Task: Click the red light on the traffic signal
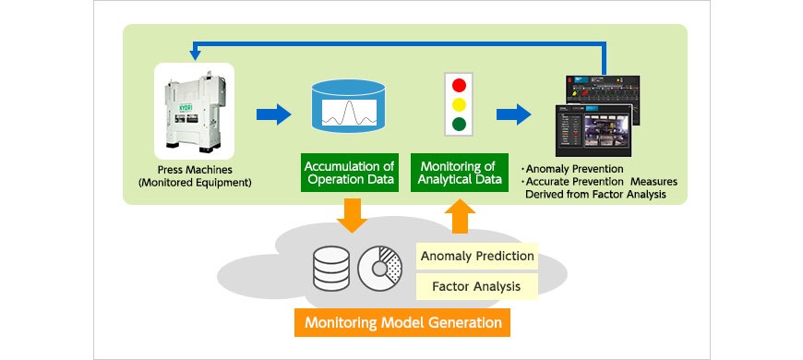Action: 459,85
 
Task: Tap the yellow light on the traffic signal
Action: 459,104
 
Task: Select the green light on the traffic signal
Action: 459,125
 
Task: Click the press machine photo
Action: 194,111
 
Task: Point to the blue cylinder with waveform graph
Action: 348,105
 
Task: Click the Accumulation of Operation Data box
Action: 349,173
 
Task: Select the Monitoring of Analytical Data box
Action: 460,173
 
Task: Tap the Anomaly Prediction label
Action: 477,256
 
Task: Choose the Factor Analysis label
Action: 477,286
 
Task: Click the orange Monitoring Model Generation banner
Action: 402,323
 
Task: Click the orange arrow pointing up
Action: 461,216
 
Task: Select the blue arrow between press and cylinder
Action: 273,114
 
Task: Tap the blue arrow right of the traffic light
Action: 513,114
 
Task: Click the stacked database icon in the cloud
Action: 330,269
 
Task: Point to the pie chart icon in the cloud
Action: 379,269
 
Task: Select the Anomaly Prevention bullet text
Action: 572,169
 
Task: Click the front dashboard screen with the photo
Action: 593,130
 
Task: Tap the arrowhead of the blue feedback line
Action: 195,54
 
